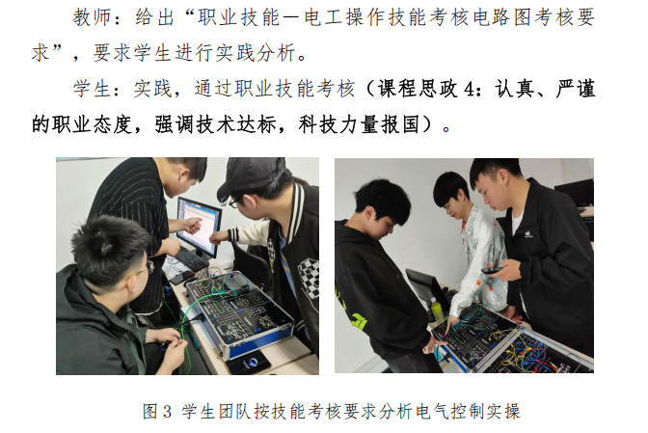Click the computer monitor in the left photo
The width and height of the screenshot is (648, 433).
(x=199, y=225)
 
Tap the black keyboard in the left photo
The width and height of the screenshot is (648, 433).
(x=191, y=259)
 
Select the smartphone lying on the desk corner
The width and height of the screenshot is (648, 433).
(x=249, y=363)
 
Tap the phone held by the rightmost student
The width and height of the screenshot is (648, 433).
(x=491, y=271)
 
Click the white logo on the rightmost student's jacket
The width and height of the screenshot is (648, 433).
(x=527, y=234)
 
